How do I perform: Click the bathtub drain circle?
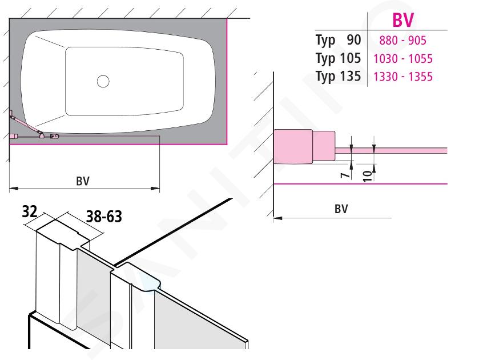pyautogui.click(x=103, y=81)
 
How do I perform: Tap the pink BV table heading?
pyautogui.click(x=403, y=20)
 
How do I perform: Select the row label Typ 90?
pyautogui.click(x=338, y=40)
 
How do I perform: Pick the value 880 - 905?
pyautogui.click(x=402, y=40)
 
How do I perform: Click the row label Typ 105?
pyautogui.click(x=338, y=58)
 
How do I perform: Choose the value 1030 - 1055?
pyautogui.click(x=403, y=58)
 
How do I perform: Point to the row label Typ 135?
pyautogui.click(x=338, y=76)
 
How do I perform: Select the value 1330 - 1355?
pyautogui.click(x=403, y=77)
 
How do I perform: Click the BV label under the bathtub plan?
pyautogui.click(x=83, y=181)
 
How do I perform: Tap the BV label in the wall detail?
pyautogui.click(x=341, y=209)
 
